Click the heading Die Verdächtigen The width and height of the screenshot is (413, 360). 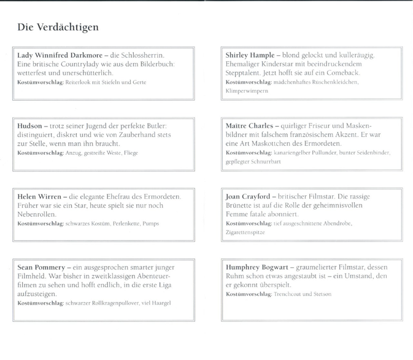[x=58, y=28]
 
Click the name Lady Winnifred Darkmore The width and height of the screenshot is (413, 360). [x=59, y=55]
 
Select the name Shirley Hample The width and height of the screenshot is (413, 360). [x=250, y=55]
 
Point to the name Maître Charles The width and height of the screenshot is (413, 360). [x=249, y=126]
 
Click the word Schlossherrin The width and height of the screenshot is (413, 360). [x=142, y=55]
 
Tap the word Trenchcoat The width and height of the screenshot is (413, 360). [x=290, y=294]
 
